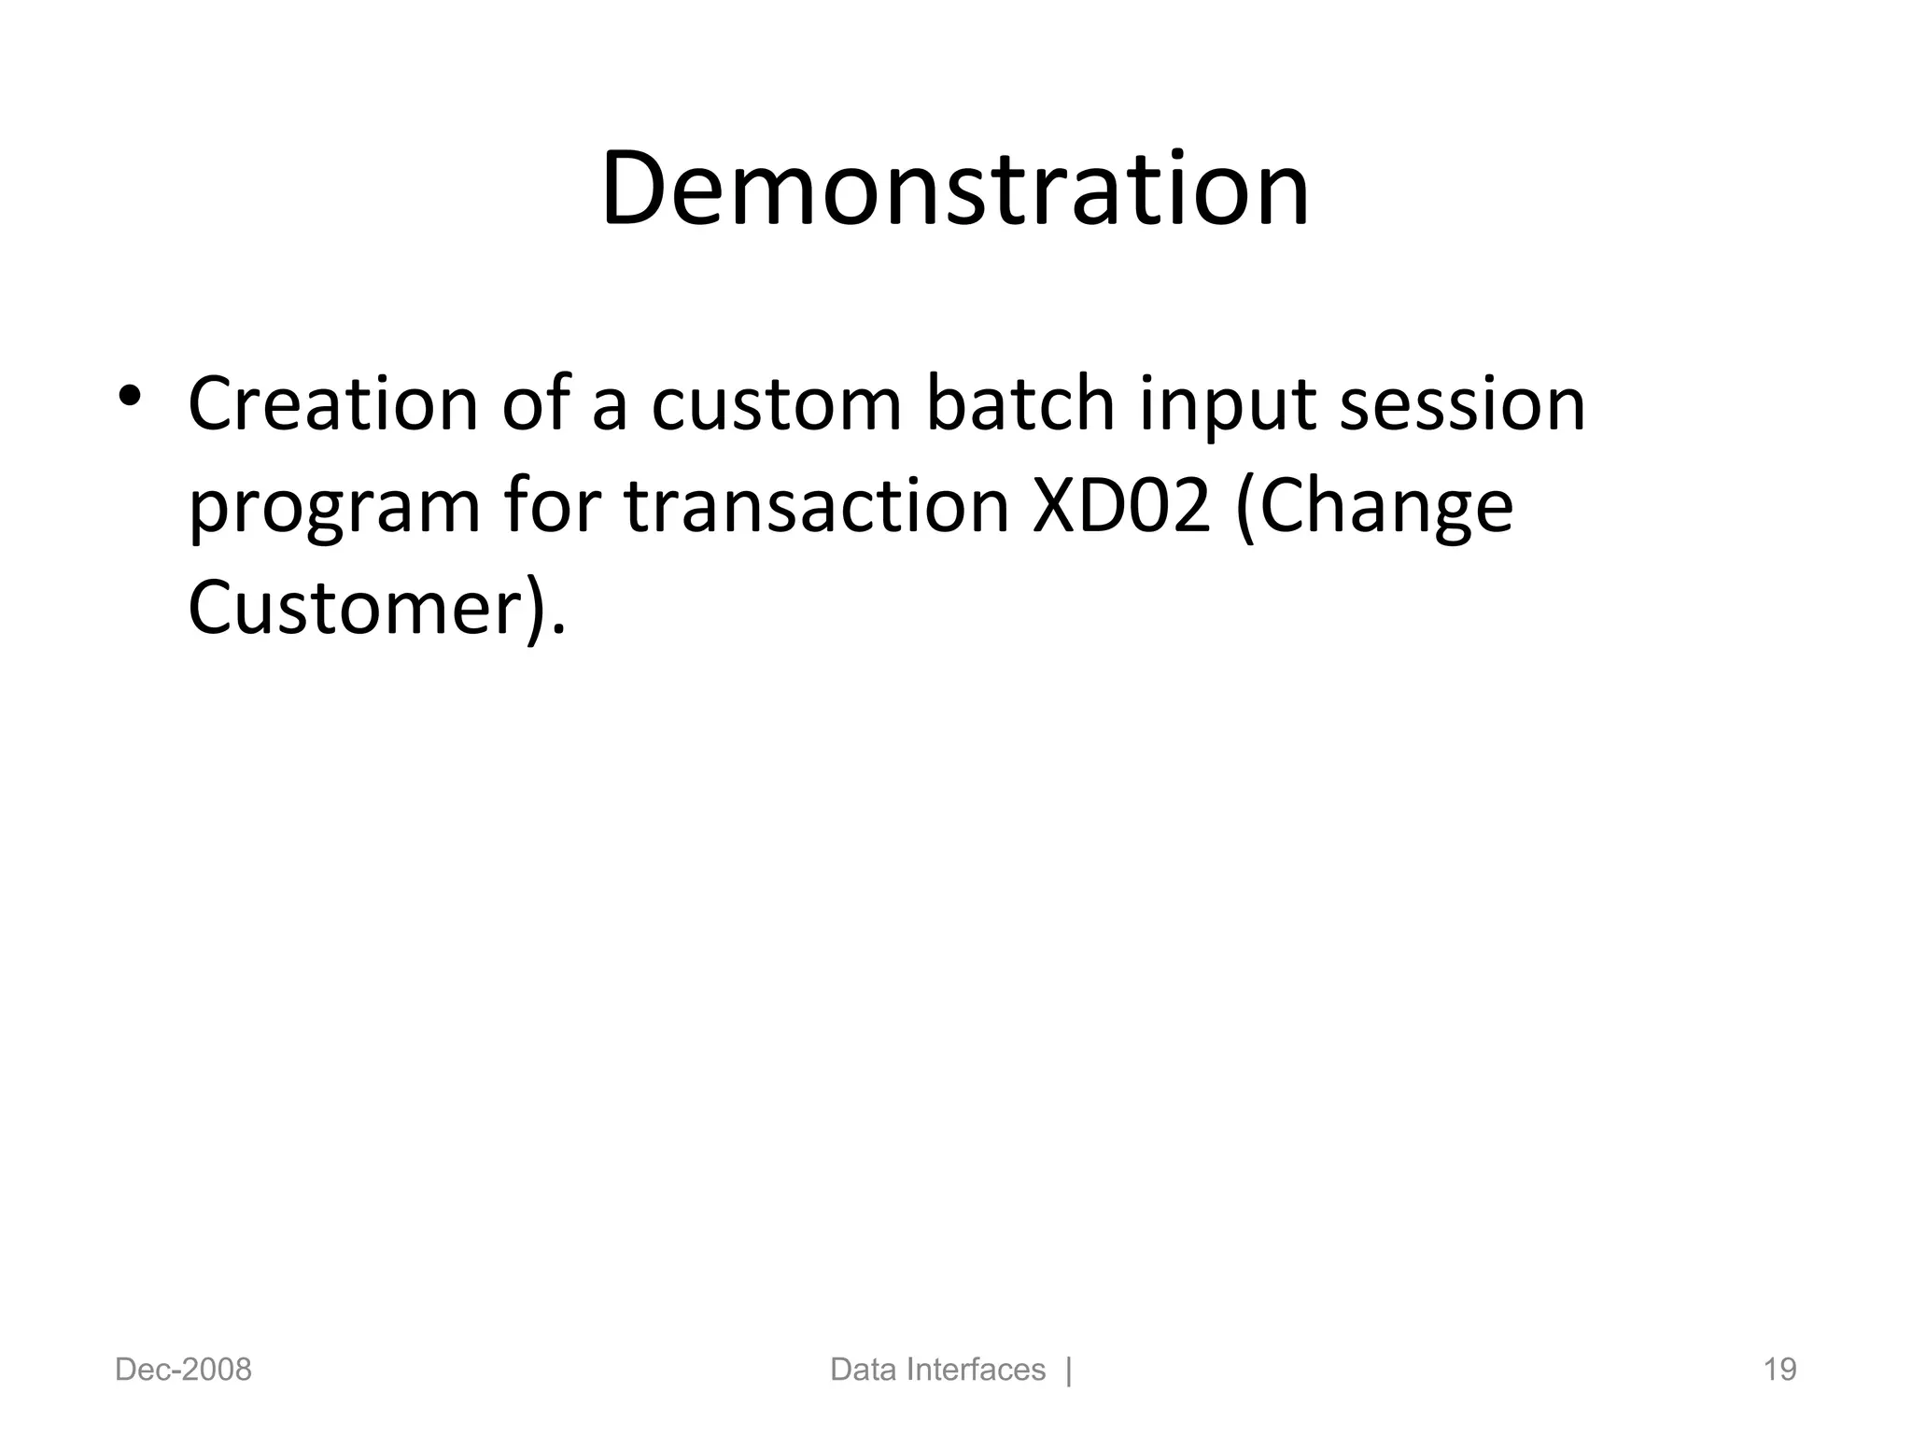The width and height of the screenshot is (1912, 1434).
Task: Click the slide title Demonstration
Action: click(x=955, y=190)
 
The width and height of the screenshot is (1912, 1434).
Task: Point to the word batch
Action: click(x=1019, y=404)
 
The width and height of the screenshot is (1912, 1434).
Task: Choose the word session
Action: click(x=1462, y=404)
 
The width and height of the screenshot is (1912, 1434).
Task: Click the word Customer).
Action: click(x=376, y=609)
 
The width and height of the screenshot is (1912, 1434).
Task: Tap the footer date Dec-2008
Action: click(x=183, y=1370)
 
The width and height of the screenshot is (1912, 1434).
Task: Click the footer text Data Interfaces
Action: click(x=937, y=1370)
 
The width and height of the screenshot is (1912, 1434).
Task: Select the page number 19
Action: click(x=1779, y=1370)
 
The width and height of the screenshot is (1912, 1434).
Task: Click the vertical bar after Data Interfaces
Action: click(x=1069, y=1370)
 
